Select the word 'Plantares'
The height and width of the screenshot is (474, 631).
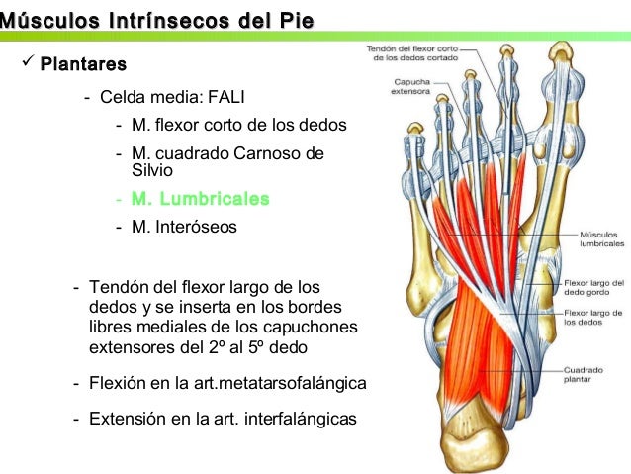tap(83, 66)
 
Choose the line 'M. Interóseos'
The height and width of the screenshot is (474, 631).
tap(184, 227)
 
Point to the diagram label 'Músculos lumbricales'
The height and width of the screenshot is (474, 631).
tap(601, 238)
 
